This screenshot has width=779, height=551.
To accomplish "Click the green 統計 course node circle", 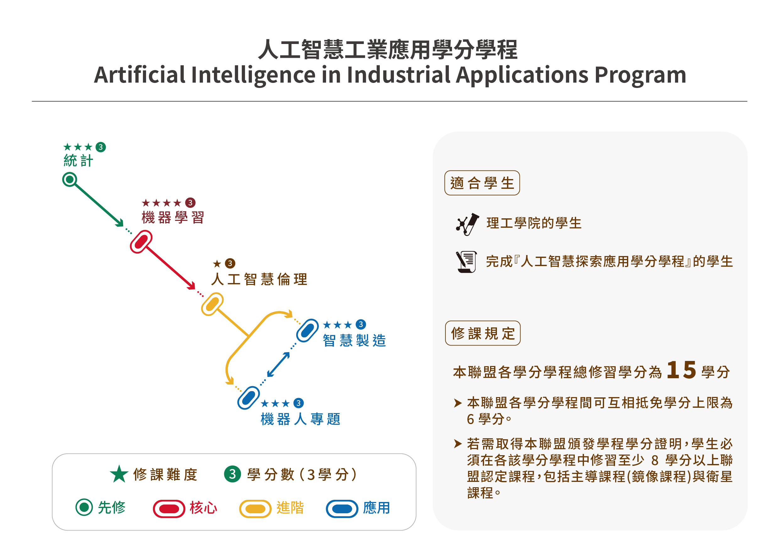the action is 70,179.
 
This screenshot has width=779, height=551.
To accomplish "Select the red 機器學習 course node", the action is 141,242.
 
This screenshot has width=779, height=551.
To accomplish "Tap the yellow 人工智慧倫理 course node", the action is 212,304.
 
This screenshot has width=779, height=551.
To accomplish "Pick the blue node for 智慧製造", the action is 308,330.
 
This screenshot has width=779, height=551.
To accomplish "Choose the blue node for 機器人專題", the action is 249,398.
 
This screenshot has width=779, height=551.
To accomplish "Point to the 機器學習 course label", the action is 173,217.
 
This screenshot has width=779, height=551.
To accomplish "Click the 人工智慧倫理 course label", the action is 259,280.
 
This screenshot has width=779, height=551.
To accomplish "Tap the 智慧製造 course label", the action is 355,340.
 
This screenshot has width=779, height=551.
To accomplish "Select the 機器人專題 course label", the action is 301,419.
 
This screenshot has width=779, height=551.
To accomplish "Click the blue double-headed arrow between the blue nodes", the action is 279,365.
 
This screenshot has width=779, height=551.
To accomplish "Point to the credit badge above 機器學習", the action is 190,203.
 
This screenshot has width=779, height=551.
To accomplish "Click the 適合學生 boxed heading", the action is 482,183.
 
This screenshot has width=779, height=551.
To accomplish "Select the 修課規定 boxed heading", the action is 483,333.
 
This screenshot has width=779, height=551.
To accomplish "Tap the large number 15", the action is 682,370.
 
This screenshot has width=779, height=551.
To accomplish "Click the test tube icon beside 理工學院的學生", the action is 467,224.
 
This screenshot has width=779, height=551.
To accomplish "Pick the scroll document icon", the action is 466,262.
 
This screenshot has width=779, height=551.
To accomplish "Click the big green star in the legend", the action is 119,474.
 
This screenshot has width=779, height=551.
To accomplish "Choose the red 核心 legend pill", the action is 169,509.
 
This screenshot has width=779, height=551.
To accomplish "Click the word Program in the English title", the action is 640,75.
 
